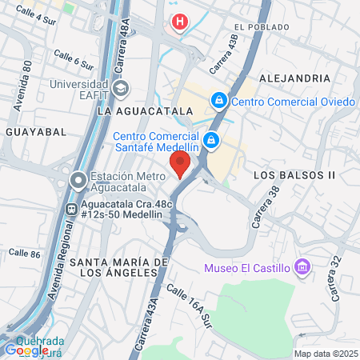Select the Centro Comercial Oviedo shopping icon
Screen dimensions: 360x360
point(218,101)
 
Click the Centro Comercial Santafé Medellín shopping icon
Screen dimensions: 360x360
point(210,141)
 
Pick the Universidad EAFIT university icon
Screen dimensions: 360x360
point(121,87)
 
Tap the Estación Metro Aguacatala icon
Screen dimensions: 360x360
point(78,179)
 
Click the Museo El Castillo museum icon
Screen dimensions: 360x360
point(302,267)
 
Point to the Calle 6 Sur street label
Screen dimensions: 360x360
point(74,58)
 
